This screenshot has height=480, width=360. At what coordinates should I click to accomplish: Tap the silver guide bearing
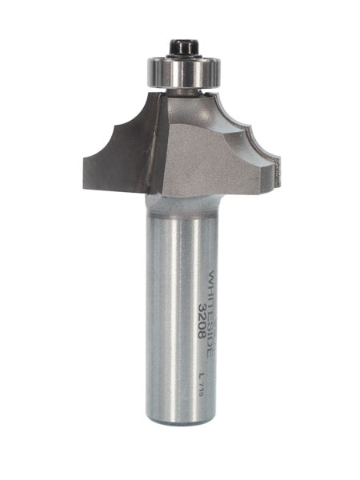click(182, 72)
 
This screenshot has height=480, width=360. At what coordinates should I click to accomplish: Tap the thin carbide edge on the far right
click(278, 167)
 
